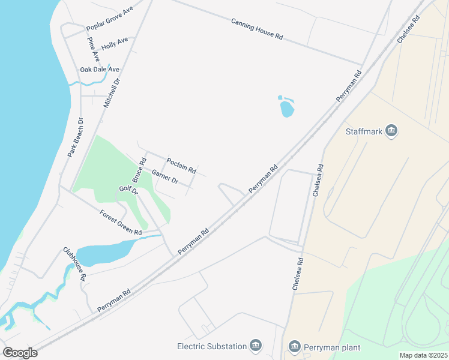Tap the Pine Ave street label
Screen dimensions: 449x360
[92, 49]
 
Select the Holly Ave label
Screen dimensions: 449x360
[115, 43]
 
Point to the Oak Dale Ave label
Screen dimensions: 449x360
[100, 70]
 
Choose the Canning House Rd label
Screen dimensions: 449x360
[257, 29]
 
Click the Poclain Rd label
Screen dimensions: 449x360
[181, 166]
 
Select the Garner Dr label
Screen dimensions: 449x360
[165, 176]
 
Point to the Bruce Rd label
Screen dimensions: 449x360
[139, 170]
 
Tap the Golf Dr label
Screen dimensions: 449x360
[128, 191]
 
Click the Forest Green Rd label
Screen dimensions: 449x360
[121, 223]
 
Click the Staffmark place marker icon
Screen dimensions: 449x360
[392, 131]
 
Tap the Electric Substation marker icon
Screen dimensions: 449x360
[256, 346]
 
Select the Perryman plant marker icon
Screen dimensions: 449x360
[294, 346]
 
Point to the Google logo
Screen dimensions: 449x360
[20, 352]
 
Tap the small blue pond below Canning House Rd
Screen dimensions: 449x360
[287, 109]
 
